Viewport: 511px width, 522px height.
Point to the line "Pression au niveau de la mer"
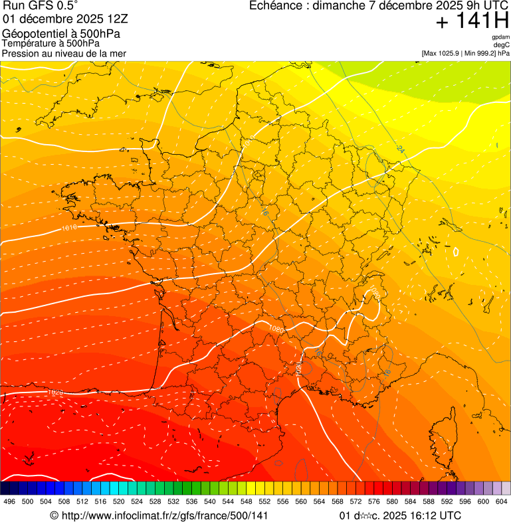(64, 53)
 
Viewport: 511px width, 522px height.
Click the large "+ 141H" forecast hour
(472, 21)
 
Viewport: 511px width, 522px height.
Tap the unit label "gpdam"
(500, 37)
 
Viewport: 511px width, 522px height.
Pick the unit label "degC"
(502, 44)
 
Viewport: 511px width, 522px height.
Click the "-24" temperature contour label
(399, 149)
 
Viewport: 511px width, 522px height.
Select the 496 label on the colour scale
(9, 501)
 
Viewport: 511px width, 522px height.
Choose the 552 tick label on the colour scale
(265, 501)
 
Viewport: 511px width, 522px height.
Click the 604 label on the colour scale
(502, 501)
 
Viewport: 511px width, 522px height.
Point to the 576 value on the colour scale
(374, 501)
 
